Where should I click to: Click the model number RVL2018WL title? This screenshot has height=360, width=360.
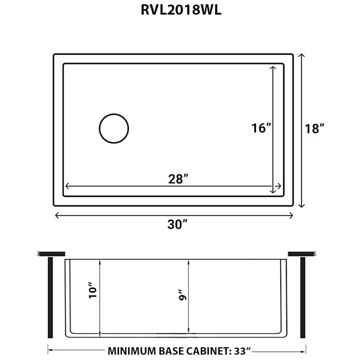[180, 10]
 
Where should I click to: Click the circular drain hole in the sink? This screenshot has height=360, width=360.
[114, 128]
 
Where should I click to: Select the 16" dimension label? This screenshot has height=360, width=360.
[262, 128]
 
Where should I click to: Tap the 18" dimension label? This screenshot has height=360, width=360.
[313, 129]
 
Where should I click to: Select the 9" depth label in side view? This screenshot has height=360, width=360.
[182, 297]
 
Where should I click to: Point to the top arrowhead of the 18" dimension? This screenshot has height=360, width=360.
[302, 56]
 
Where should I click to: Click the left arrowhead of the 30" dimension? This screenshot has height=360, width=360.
[56, 216]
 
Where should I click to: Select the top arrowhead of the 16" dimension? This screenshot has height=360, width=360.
[274, 68]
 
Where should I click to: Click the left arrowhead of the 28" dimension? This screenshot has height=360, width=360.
[67, 186]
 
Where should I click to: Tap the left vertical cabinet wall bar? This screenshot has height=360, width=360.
[50, 298]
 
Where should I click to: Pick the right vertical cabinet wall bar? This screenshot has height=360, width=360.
[302, 298]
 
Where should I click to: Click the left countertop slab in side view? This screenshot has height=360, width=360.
[51, 253]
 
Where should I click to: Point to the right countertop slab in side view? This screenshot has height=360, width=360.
[302, 253]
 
